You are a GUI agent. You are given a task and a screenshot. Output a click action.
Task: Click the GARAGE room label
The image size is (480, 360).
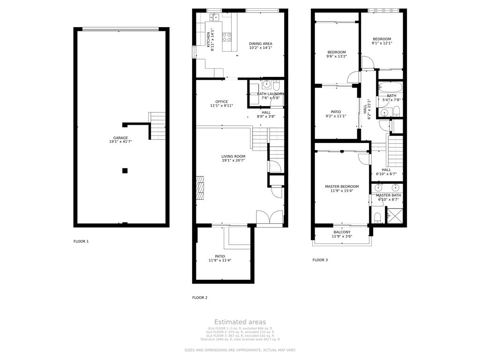(120, 138)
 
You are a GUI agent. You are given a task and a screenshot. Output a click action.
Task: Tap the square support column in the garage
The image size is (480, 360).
(125, 171)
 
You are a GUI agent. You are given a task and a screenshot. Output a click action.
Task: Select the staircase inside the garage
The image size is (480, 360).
(157, 126)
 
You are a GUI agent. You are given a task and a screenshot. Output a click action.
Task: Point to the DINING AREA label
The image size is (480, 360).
(261, 44)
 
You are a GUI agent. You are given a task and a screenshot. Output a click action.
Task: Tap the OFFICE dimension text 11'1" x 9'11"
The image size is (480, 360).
(222, 106)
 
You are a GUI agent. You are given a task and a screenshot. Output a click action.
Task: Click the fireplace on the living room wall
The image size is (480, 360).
(200, 187)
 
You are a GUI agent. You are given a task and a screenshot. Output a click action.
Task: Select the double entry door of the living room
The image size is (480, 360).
(270, 219)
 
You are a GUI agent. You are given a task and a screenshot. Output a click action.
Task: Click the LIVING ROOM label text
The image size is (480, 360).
(233, 157)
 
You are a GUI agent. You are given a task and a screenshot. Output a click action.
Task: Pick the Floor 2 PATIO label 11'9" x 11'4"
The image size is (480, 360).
(220, 256)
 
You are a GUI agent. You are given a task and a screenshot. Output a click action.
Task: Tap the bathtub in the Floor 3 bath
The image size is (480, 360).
(390, 87)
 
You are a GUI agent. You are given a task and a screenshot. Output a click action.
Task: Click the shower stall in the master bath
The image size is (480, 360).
(394, 216)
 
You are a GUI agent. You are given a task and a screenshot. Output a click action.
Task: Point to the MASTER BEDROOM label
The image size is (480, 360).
(342, 187)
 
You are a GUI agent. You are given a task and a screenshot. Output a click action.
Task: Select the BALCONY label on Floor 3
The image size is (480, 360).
(342, 232)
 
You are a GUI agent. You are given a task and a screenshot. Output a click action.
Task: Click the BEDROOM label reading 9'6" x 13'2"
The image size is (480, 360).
(337, 52)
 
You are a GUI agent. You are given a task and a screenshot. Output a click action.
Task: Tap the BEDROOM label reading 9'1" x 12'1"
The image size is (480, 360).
(382, 39)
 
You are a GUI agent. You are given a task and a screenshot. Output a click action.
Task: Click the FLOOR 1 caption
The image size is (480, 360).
(81, 241)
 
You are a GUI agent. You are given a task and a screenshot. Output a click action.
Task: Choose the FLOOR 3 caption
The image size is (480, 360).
(320, 260)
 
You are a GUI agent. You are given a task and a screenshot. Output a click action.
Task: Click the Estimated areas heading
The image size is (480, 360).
(240, 322)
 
